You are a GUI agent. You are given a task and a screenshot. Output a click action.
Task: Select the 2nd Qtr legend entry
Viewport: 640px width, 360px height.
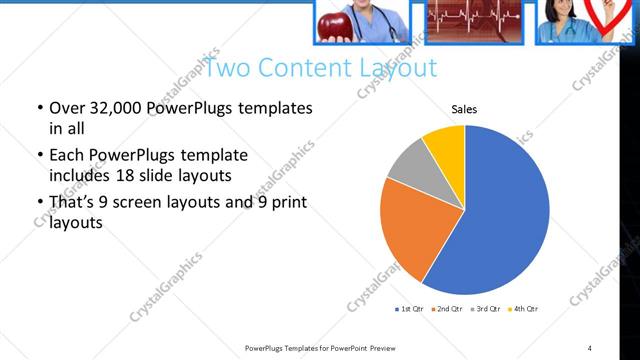coord(446,309)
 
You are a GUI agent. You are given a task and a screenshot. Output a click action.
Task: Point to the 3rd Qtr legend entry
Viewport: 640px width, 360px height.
coord(485,309)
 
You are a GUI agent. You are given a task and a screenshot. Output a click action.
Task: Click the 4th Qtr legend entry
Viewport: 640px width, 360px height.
coord(524,309)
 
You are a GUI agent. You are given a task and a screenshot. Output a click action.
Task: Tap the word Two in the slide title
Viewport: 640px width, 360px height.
coord(228,68)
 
